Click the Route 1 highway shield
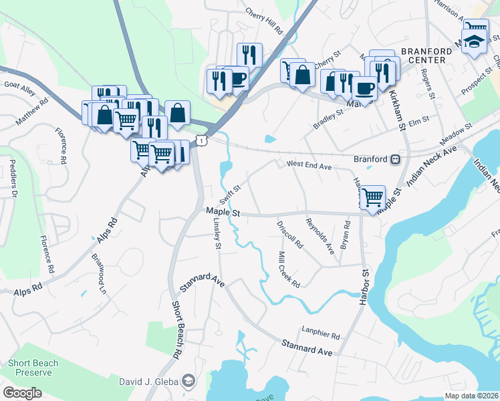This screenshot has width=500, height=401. coord(201,139)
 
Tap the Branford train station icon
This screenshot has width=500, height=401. coord(396,160)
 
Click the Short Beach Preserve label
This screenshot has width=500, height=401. coord(33,368)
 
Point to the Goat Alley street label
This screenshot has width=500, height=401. coord(19,85)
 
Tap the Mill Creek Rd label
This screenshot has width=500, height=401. coord(289,269)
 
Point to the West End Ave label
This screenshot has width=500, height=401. coord(309,165)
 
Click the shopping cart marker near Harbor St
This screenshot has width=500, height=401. coord(373,196)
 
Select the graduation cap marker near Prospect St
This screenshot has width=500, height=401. coord(474,39)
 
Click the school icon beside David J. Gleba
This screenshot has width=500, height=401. coord(190,381)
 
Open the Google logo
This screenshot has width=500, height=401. coord(22,392)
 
